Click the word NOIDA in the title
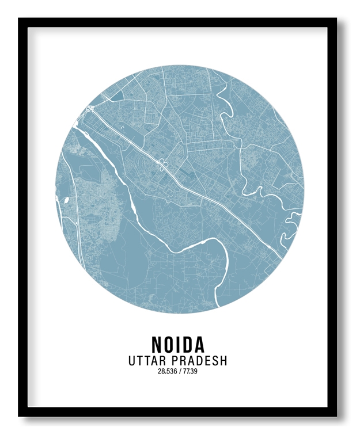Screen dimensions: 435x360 (178, 344)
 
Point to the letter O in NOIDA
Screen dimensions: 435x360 (169, 344)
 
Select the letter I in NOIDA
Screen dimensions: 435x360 (179, 344)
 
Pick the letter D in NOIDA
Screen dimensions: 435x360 (187, 344)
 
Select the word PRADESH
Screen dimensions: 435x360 (199, 361)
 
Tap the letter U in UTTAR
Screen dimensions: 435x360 (132, 361)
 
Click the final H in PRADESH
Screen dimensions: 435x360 (223, 361)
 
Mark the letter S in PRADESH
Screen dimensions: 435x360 (215, 361)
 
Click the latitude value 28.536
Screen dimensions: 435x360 (166, 371)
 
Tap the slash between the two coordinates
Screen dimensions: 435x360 (179, 371)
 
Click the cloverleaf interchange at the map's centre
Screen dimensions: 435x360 (162, 166)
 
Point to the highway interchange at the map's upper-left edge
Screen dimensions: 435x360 (89, 109)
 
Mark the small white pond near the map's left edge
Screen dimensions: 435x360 (67, 200)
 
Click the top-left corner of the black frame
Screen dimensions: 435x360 (20, 20)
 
